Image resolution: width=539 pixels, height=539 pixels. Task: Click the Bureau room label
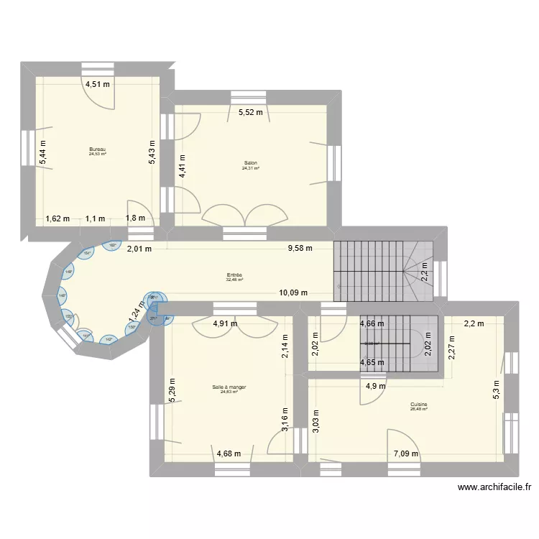[x=97, y=149]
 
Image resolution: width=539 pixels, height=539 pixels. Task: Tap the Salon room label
[x=251, y=163]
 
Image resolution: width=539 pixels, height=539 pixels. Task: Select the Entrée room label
[x=234, y=275]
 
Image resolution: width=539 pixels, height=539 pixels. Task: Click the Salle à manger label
[x=229, y=387]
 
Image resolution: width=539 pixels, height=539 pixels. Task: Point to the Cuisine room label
[x=418, y=405]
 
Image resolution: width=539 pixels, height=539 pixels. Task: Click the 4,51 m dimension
[x=98, y=84]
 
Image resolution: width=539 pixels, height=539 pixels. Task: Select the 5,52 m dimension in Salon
[x=250, y=112]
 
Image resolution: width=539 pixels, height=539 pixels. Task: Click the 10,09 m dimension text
[x=293, y=292]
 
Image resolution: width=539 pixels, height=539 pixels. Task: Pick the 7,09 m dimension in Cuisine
[x=407, y=453]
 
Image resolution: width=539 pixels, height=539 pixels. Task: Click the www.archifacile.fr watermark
[x=495, y=488]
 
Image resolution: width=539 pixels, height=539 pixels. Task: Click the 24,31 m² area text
[x=251, y=168]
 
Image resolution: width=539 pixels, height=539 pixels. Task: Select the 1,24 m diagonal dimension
[x=134, y=311]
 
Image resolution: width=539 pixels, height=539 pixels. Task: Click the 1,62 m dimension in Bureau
[x=57, y=218]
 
